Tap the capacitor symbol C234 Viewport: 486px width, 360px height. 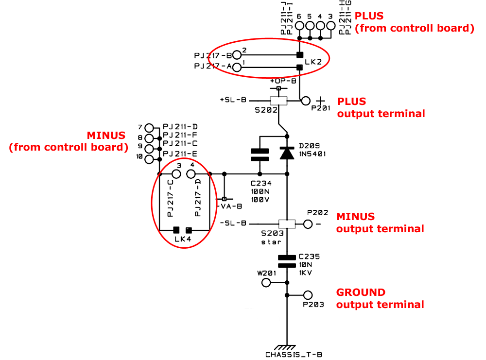click(x=260, y=154)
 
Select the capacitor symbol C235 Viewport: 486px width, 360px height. click(x=287, y=261)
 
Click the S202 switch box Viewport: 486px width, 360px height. click(x=278, y=101)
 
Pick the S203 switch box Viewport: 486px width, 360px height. click(x=287, y=224)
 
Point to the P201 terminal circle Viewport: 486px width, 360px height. click(x=306, y=101)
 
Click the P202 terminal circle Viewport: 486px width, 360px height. click(x=308, y=224)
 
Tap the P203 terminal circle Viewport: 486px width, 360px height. click(x=307, y=295)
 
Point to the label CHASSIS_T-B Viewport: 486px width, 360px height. click(x=294, y=355)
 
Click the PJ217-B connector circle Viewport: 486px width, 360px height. click(x=237, y=54)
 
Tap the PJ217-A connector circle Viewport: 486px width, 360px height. click(x=237, y=67)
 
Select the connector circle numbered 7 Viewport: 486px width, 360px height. click(x=149, y=127)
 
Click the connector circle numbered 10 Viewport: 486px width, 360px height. click(x=149, y=158)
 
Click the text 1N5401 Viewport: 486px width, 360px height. click(x=312, y=154)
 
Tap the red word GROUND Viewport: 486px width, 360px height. click(x=361, y=292)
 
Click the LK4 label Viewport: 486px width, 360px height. click(x=182, y=239)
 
